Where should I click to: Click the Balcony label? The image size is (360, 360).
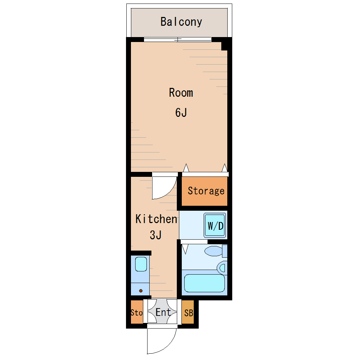point(181,22)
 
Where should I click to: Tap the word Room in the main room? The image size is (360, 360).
point(181,93)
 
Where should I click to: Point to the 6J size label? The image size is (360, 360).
point(181,113)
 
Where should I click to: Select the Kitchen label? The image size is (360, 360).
point(156,219)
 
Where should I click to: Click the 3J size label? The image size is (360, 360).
point(156,235)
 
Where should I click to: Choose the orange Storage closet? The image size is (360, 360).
point(204,191)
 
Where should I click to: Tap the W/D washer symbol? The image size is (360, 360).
point(215,226)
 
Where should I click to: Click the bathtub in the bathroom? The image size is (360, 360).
point(204,283)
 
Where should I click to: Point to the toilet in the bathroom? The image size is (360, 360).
point(215,251)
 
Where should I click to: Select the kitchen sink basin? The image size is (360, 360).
point(141,264)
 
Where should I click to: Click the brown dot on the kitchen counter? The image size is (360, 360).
point(141,291)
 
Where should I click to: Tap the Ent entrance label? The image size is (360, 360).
point(163,312)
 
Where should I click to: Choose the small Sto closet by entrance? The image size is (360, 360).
point(137,312)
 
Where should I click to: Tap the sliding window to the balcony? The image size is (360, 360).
point(178,40)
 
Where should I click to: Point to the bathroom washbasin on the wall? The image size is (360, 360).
point(222,268)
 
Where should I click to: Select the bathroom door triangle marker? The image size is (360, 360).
point(185,249)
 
